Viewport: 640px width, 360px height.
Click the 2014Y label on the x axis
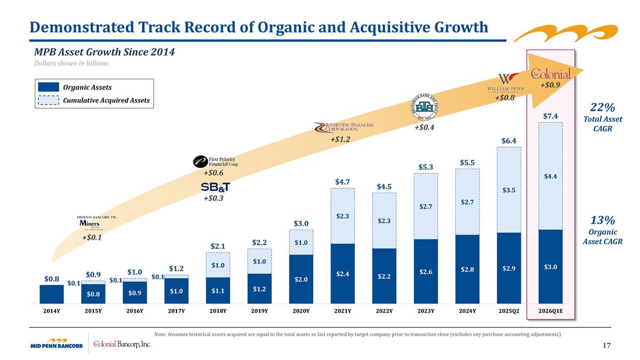pyautogui.click(x=51, y=310)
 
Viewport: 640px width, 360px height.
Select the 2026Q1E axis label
pyautogui.click(x=550, y=310)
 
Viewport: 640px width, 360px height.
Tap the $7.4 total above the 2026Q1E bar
pyautogui.click(x=550, y=116)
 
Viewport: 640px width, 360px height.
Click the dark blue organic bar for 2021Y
pyautogui.click(x=342, y=274)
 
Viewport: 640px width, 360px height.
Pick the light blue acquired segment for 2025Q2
pyautogui.click(x=509, y=190)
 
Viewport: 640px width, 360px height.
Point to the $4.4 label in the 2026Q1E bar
pyautogui.click(x=550, y=175)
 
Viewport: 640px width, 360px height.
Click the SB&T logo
pyautogui.click(x=215, y=187)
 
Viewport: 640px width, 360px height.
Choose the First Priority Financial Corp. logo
pyautogui.click(x=215, y=161)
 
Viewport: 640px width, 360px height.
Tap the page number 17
pyautogui.click(x=606, y=346)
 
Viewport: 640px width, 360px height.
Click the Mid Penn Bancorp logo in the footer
pyautogui.click(x=56, y=344)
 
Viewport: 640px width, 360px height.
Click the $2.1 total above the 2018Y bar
pyautogui.click(x=218, y=246)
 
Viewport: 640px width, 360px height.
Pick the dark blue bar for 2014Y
pyautogui.click(x=51, y=293)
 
